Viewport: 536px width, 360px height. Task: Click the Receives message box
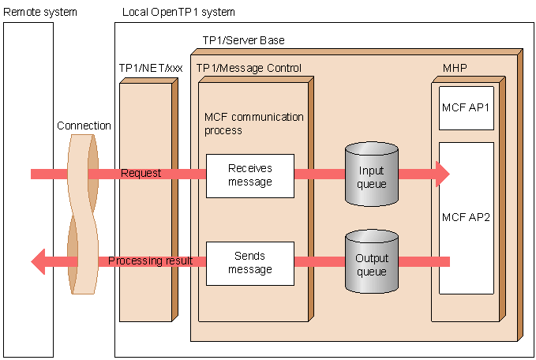[249, 175]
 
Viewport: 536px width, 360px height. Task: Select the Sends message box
[249, 263]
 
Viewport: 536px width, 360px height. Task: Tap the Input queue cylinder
[372, 175]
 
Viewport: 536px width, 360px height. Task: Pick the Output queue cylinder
[372, 264]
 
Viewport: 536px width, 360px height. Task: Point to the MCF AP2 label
[467, 217]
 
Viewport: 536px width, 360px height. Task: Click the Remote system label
[29, 12]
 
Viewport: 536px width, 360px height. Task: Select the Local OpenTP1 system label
[178, 12]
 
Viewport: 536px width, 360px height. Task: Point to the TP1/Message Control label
[249, 68]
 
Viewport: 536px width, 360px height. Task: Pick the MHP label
[455, 68]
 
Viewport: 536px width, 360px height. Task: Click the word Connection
[84, 126]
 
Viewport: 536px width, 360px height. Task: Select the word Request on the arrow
[141, 173]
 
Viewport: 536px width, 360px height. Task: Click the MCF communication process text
[253, 123]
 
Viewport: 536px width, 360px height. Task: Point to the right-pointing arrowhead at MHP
[441, 174]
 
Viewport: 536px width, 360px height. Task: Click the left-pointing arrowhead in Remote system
[39, 261]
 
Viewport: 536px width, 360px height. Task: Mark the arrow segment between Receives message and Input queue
[319, 174]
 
